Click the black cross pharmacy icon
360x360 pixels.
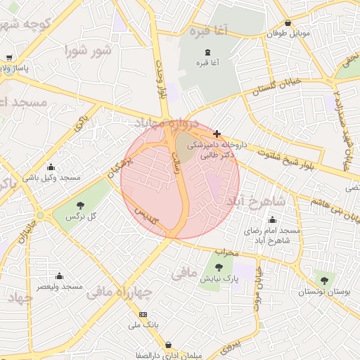click(217, 134)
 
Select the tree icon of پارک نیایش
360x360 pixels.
click(219, 266)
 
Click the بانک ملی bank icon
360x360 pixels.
click(143, 314)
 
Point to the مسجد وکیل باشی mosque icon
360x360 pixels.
click(51, 167)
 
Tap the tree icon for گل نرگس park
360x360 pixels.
click(80, 205)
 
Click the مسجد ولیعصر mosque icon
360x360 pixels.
click(59, 276)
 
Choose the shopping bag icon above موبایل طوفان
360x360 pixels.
click(288, 22)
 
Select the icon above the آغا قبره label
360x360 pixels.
click(207, 52)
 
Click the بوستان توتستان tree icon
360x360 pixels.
click(323, 281)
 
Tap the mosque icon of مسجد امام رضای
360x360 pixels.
click(272, 220)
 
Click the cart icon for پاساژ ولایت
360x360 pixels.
click(8, 58)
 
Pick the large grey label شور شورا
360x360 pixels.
click(88, 51)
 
